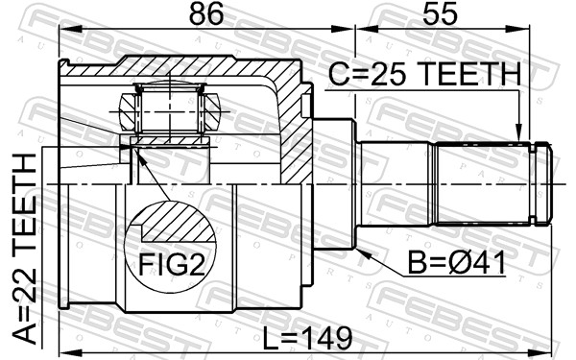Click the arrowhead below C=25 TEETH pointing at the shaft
(518, 135)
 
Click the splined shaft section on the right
(485, 182)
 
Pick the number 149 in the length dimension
(327, 338)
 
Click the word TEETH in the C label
(469, 73)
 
